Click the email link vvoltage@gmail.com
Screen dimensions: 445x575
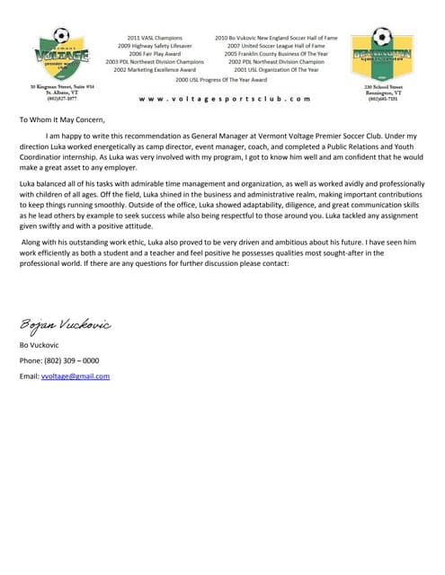76,376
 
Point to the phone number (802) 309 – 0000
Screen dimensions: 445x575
59,359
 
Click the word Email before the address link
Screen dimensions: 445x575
29,376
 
